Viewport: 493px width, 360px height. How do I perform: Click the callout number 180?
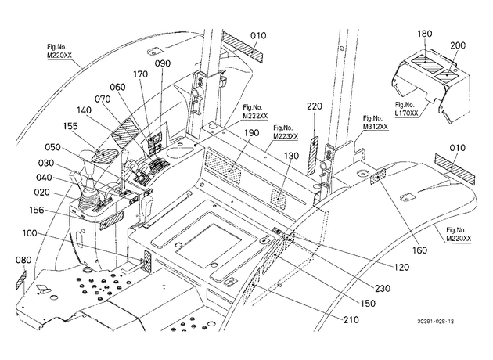(x=425, y=34)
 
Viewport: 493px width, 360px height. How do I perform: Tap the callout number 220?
(x=315, y=106)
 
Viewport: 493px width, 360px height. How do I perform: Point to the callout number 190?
(x=251, y=133)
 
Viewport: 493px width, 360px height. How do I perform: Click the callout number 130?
(x=291, y=156)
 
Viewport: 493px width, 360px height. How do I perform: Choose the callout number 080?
(x=23, y=260)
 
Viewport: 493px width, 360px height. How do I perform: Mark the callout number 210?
(x=351, y=320)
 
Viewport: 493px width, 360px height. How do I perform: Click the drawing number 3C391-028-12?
(x=435, y=322)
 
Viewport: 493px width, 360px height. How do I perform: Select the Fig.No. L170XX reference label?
(x=407, y=109)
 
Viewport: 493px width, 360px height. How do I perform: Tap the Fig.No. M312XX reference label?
(x=376, y=123)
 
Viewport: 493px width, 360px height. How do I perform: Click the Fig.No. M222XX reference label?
(x=255, y=112)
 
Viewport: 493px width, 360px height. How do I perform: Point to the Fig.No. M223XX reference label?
(x=286, y=132)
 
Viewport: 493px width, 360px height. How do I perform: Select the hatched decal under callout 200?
(x=447, y=75)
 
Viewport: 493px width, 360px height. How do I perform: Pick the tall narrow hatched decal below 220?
(x=313, y=156)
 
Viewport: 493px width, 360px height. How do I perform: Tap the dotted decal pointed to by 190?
(x=223, y=167)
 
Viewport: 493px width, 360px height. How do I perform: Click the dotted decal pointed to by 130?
(x=279, y=199)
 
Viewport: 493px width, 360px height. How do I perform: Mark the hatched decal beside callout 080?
(x=21, y=280)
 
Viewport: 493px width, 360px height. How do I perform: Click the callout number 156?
(x=37, y=210)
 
